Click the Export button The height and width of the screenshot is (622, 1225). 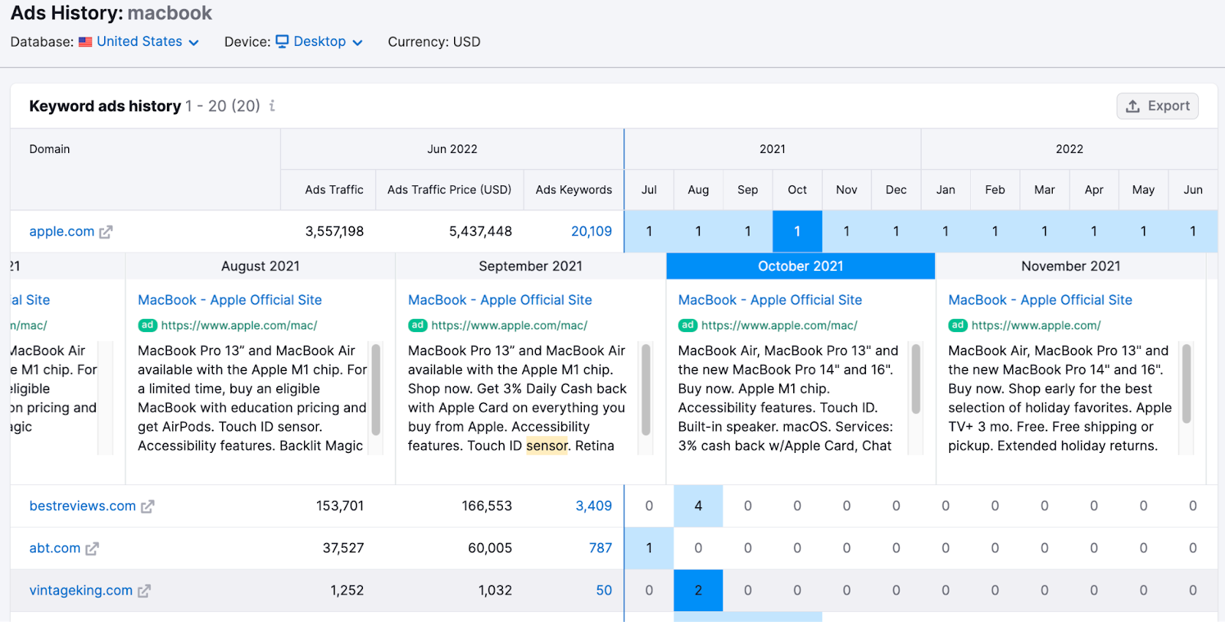pyautogui.click(x=1157, y=106)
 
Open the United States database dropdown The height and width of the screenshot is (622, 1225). pyautogui.click(x=147, y=42)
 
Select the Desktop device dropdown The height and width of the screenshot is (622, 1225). pyautogui.click(x=327, y=42)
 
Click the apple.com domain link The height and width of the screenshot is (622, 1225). pyautogui.click(x=62, y=231)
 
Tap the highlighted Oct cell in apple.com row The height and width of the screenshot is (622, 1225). pyautogui.click(x=797, y=231)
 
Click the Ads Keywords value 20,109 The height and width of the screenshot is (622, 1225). pyautogui.click(x=591, y=231)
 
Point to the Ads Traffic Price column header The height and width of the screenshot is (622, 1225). pyautogui.click(x=449, y=190)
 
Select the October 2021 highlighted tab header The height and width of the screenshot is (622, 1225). pyautogui.click(x=800, y=266)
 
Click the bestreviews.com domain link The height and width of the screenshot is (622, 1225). pyautogui.click(x=83, y=506)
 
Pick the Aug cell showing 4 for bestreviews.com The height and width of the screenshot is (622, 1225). pyautogui.click(x=698, y=506)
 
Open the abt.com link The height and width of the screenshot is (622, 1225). pyautogui.click(x=55, y=548)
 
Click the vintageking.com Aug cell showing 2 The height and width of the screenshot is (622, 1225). pyautogui.click(x=698, y=590)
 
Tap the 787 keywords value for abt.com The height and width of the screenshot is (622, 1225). pyautogui.click(x=600, y=548)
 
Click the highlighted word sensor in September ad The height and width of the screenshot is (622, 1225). pyautogui.click(x=547, y=446)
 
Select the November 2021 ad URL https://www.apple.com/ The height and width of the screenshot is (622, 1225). pyautogui.click(x=1035, y=325)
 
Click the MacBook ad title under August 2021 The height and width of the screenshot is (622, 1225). pyautogui.click(x=230, y=300)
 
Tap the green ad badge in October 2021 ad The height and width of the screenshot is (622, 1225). pyautogui.click(x=688, y=325)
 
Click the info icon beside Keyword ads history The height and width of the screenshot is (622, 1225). pyautogui.click(x=272, y=106)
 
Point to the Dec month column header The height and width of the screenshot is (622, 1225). pyautogui.click(x=896, y=190)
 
